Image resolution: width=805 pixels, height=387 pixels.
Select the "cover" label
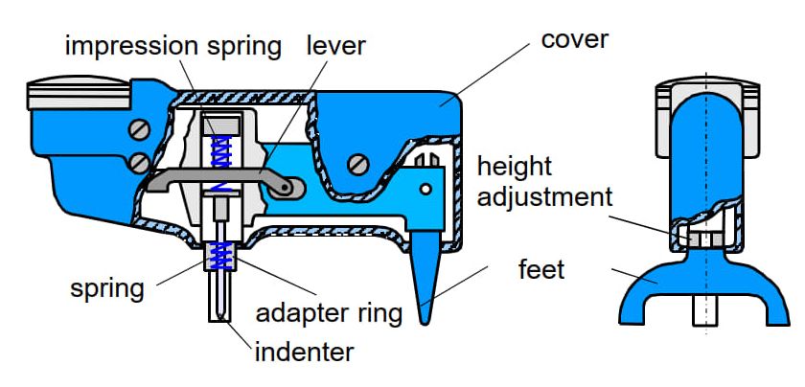(574, 40)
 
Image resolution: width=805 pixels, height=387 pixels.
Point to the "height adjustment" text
(544, 182)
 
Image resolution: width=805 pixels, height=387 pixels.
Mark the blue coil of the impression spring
(222, 154)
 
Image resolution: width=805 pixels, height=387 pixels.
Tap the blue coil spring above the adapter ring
(222, 255)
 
